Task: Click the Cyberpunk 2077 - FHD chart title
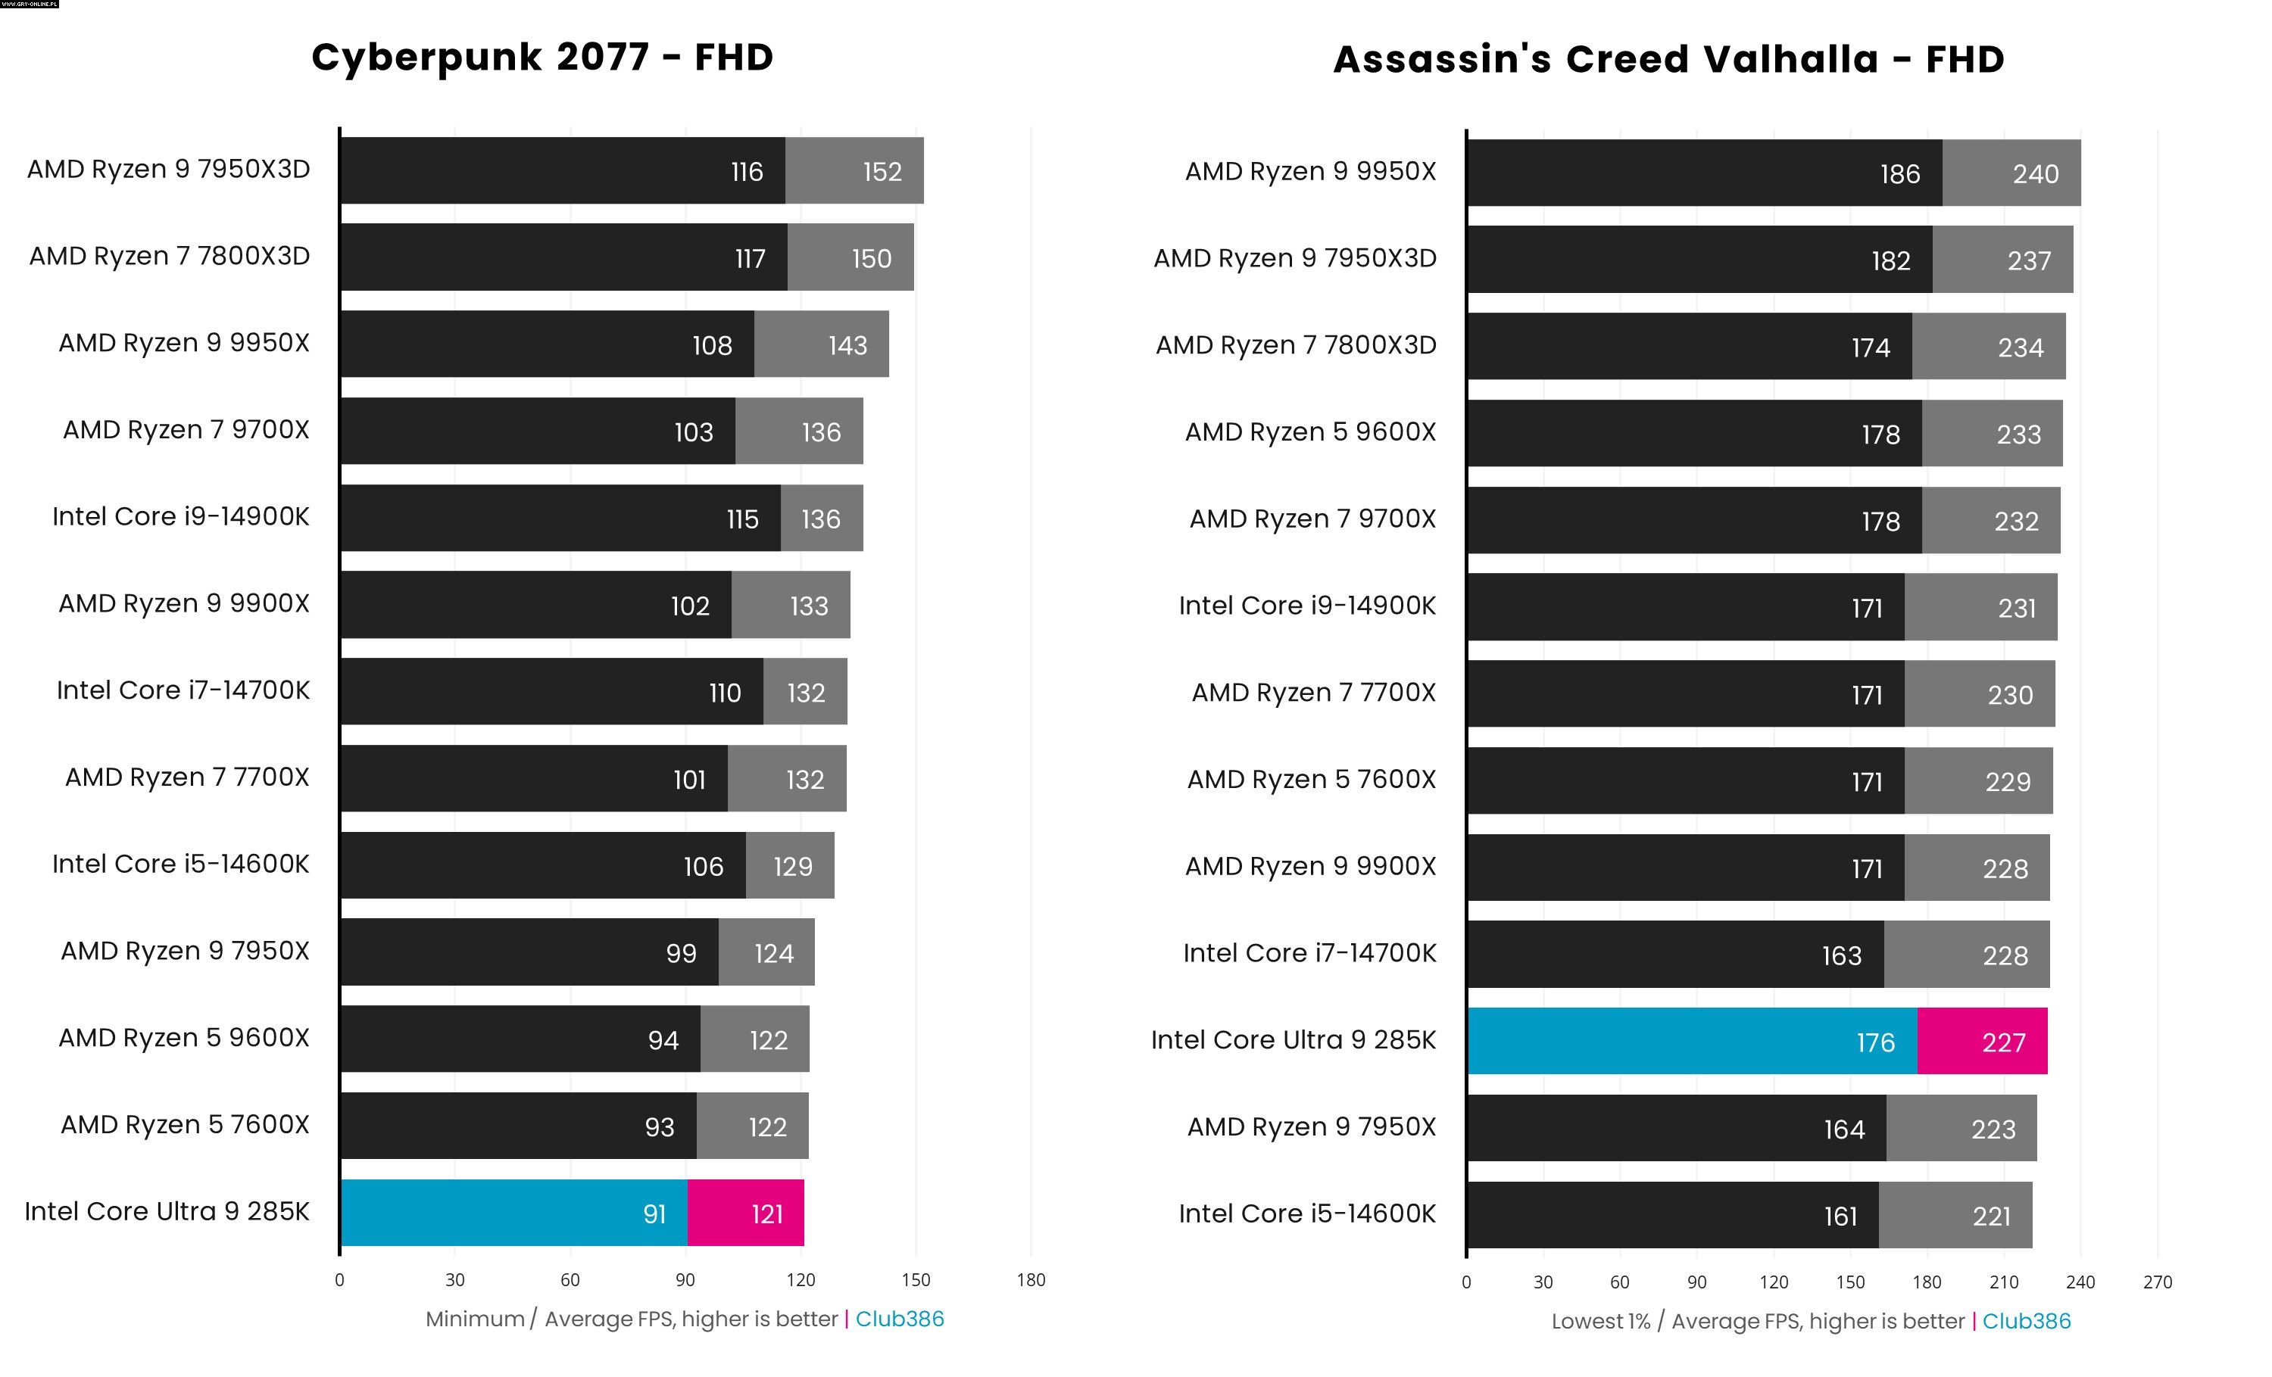542,57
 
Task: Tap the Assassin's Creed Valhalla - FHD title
1668,59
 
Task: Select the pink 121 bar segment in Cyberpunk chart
745,1213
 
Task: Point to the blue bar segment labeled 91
513,1213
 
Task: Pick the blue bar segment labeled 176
1692,1042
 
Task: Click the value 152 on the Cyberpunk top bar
882,171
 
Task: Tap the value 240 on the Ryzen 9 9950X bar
2035,174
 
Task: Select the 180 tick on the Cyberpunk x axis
1031,1279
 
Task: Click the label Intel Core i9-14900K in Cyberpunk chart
181,516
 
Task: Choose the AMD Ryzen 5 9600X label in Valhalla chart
1310,431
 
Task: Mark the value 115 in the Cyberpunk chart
742,519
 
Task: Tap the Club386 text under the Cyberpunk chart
899,1319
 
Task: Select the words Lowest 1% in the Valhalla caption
1601,1322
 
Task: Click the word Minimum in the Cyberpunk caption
475,1319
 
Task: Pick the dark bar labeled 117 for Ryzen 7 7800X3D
563,258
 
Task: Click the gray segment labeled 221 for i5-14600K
1955,1216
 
